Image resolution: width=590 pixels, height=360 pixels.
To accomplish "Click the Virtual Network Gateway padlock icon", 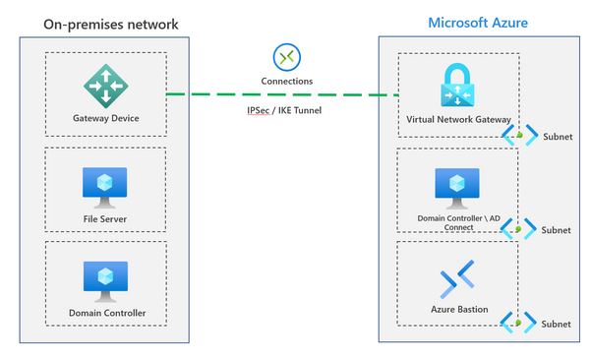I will pos(456,86).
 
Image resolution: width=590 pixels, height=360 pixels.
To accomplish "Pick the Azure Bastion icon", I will pos(456,280).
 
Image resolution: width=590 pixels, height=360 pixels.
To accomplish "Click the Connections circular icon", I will pos(287,56).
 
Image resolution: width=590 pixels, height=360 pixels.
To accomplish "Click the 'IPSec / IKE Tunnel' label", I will pos(284,110).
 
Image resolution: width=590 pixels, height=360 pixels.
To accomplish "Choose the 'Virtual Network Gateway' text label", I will pos(456,120).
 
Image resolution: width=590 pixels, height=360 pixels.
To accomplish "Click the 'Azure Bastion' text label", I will pos(456,310).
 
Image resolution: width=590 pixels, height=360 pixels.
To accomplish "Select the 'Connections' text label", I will pos(287,80).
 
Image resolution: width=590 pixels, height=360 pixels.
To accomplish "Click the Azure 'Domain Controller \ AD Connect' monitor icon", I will pos(456,186).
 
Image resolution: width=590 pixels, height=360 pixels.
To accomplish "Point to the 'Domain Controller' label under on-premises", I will pos(106,312).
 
